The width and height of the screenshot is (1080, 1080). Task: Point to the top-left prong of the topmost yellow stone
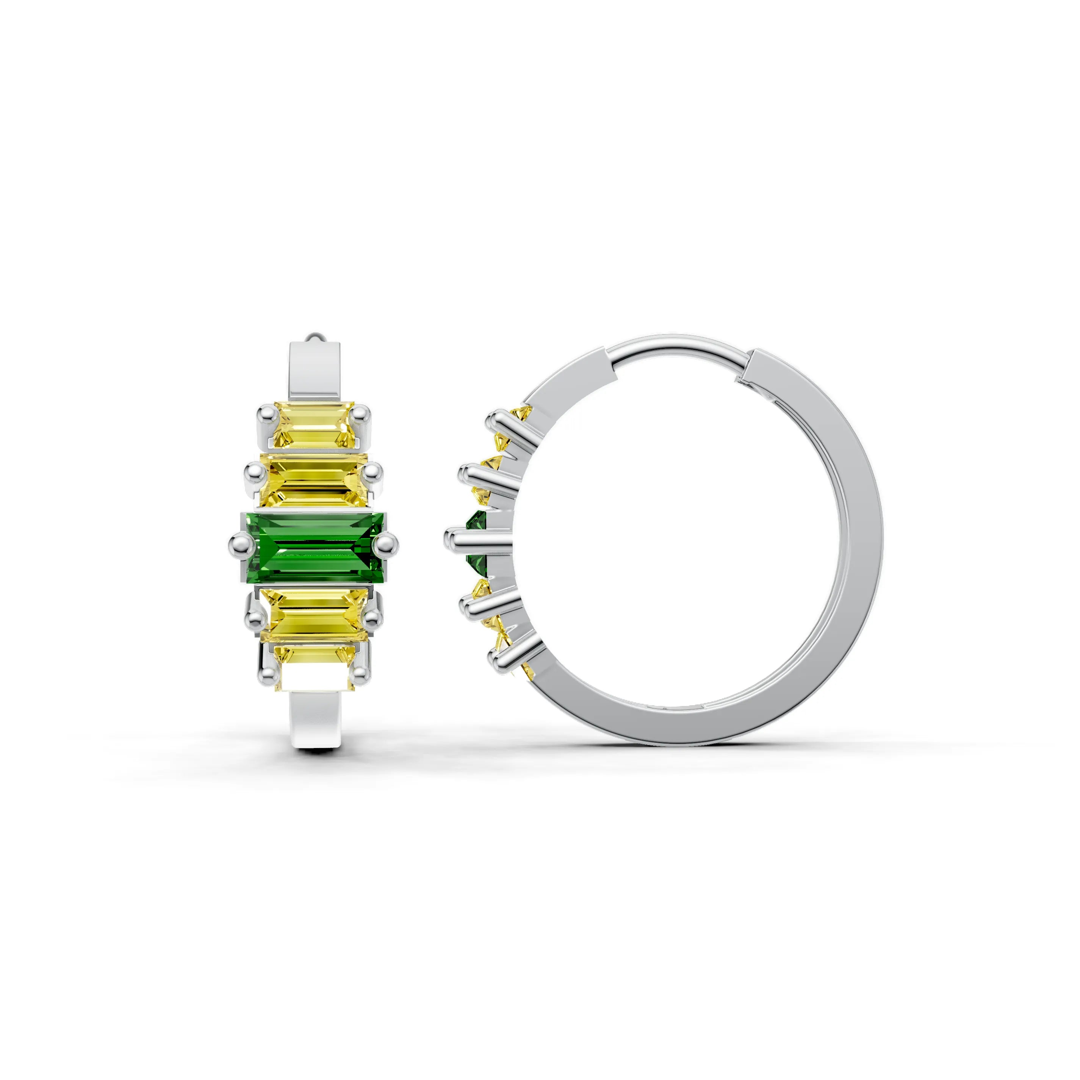[x=265, y=415]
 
